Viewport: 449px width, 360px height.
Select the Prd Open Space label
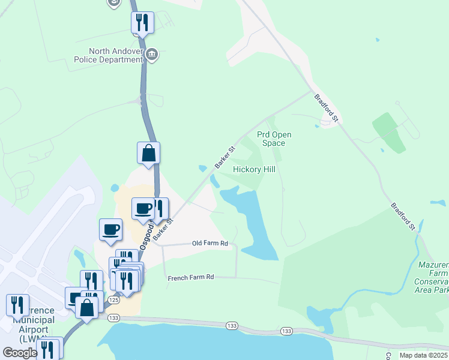point(274,139)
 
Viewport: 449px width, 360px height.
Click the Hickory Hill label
point(254,170)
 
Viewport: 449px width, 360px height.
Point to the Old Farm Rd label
point(210,243)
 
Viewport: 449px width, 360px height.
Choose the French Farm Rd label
point(191,277)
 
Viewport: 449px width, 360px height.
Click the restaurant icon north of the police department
point(142,23)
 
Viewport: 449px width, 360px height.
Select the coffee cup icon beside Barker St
point(143,208)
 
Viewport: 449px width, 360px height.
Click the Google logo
point(20,353)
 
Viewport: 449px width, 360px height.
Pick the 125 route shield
point(113,299)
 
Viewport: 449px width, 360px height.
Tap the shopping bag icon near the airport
point(87,308)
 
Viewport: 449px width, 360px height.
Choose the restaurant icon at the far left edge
point(17,305)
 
